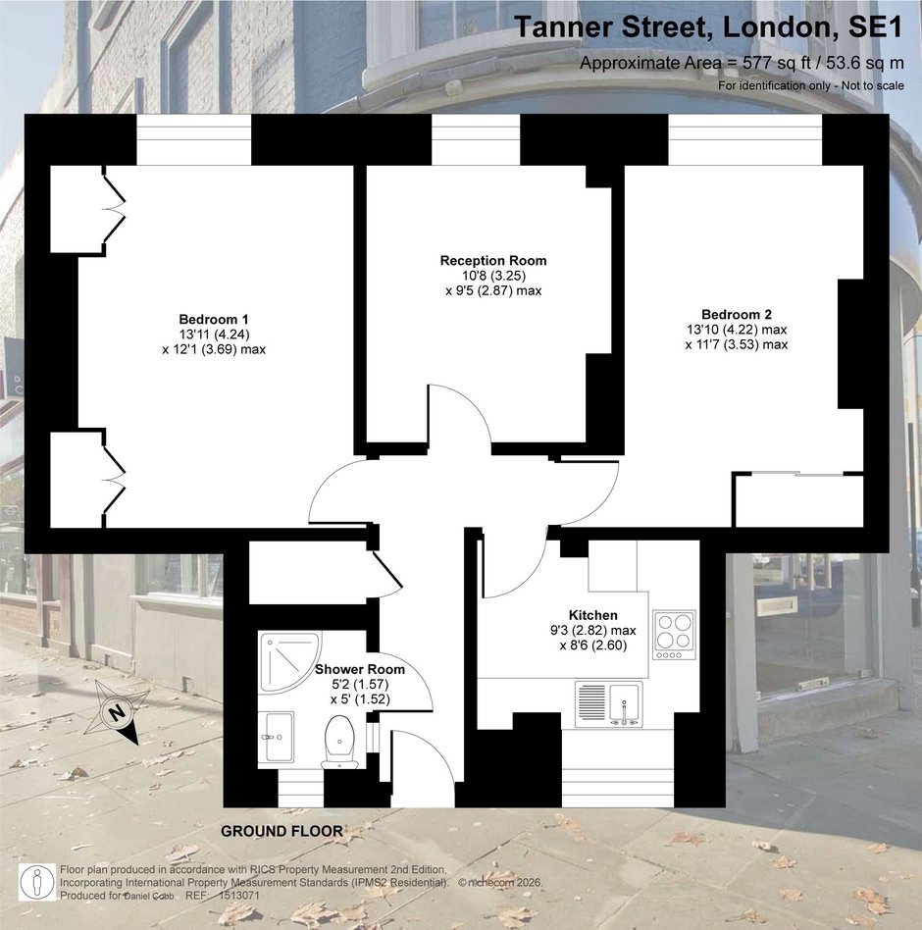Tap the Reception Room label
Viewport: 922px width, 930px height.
[x=493, y=260]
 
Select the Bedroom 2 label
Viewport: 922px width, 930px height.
[x=737, y=314]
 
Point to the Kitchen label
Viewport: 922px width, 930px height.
[x=593, y=615]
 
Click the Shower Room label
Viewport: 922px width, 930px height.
[x=359, y=669]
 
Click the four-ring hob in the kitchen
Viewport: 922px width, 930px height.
[x=674, y=634]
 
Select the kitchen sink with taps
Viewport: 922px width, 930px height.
[x=608, y=704]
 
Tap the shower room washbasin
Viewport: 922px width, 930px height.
[x=277, y=737]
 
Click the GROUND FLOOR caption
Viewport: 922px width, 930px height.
[x=282, y=831]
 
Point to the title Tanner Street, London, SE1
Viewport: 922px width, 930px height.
[x=708, y=27]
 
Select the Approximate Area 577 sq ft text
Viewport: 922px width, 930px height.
[x=742, y=63]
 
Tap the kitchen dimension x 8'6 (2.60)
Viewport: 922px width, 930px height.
[x=593, y=646]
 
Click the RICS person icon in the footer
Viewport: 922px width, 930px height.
[x=37, y=882]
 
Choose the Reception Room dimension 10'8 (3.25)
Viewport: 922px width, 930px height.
[x=493, y=276]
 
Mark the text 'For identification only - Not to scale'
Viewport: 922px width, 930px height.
[x=811, y=85]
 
